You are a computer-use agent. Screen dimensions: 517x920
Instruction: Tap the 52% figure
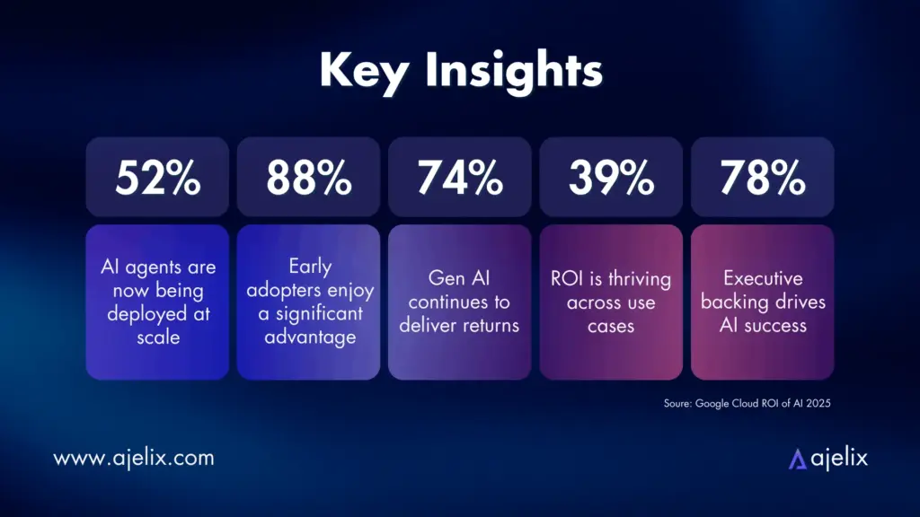157,180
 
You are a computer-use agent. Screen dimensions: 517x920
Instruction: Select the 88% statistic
308,180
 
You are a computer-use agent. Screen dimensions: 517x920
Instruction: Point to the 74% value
460,180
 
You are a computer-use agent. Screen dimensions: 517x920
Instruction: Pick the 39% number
611,180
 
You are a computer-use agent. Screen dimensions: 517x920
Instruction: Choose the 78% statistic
762,180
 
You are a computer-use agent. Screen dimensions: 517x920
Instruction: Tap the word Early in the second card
308,267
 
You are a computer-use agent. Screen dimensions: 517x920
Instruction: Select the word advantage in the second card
308,337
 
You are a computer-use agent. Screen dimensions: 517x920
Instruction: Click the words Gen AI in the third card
460,278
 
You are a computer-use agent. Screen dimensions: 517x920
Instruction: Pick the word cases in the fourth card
611,325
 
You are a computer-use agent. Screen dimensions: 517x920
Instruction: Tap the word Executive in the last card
762,278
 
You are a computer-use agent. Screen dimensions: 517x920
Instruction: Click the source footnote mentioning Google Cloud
747,404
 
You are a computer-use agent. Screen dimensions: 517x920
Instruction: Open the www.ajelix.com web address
134,458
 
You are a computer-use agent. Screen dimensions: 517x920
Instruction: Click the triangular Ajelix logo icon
797,459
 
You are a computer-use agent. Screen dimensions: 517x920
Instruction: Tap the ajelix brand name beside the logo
839,458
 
